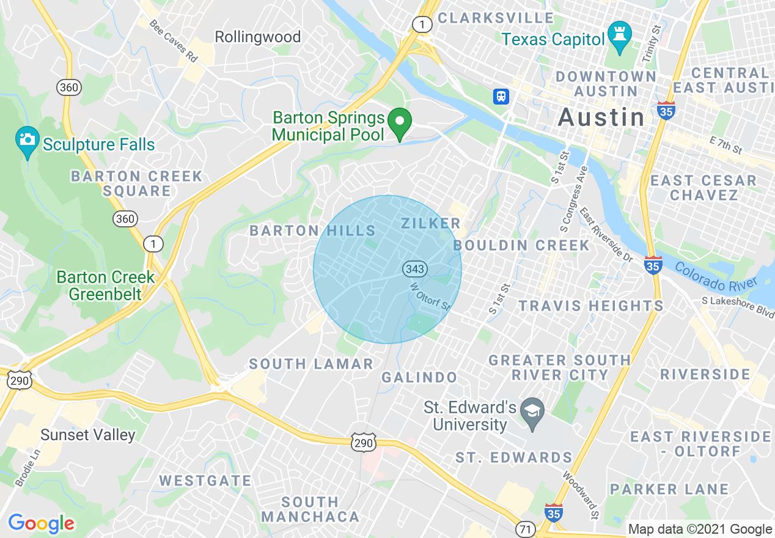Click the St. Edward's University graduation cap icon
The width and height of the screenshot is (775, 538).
click(x=532, y=413)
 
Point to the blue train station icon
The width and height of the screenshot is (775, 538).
click(x=501, y=96)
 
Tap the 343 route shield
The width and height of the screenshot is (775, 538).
click(x=414, y=269)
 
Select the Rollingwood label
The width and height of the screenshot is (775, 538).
click(x=257, y=37)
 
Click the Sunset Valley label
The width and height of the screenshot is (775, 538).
click(x=87, y=435)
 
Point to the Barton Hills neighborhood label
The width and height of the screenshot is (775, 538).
click(x=312, y=230)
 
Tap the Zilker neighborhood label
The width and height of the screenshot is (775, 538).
click(x=430, y=223)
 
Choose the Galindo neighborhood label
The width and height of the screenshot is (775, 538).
click(x=419, y=377)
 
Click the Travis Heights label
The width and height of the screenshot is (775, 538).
click(x=590, y=305)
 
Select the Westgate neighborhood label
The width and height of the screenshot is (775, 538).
click(x=205, y=481)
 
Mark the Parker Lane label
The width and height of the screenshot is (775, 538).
click(x=669, y=489)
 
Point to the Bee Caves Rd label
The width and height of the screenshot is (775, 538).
click(x=174, y=41)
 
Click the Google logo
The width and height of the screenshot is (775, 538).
click(x=41, y=523)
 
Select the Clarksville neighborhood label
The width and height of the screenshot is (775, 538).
click(x=495, y=18)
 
